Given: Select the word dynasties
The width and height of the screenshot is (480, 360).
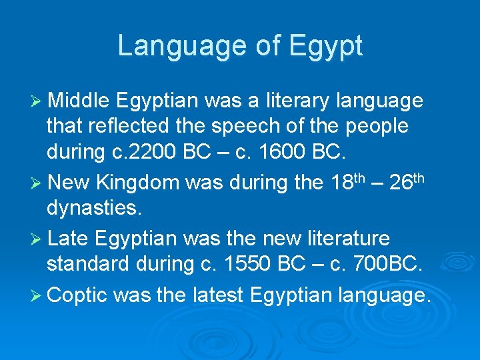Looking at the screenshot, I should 94,209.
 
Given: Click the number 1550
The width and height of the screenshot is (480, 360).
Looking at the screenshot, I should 240,265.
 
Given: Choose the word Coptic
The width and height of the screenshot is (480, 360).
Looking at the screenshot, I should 78,293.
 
